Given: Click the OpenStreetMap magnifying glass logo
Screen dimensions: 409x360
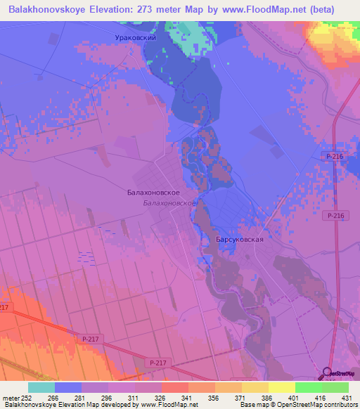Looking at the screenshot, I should point(328,375).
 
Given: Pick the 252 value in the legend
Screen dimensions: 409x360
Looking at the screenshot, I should point(27,397).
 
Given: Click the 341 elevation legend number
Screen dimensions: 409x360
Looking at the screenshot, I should point(187,397).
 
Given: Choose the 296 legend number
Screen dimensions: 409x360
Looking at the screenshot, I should point(107,397).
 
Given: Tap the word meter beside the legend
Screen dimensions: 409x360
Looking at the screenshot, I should point(10,397).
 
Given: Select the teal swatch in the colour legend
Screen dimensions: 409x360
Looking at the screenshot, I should point(41,387).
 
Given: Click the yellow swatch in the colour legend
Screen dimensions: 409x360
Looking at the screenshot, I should point(281,387).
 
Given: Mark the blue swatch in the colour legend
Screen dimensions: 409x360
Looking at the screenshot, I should point(67,387).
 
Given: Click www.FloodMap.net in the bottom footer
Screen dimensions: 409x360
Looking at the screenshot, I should point(169,405).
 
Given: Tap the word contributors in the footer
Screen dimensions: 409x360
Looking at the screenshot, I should point(340,405).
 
